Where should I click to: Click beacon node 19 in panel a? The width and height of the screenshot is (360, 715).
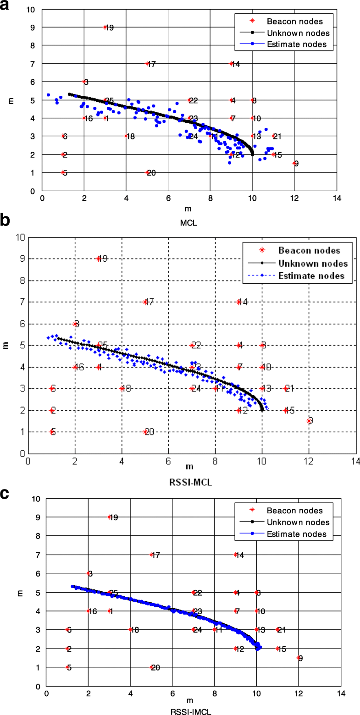click(x=105, y=27)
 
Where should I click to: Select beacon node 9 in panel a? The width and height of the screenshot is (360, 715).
click(x=294, y=163)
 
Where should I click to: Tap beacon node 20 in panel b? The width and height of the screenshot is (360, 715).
click(x=145, y=432)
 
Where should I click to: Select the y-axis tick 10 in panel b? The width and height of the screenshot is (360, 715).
click(x=20, y=237)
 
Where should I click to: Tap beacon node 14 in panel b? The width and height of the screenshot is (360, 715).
click(x=238, y=302)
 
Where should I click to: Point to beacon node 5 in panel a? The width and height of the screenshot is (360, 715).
click(x=63, y=173)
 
